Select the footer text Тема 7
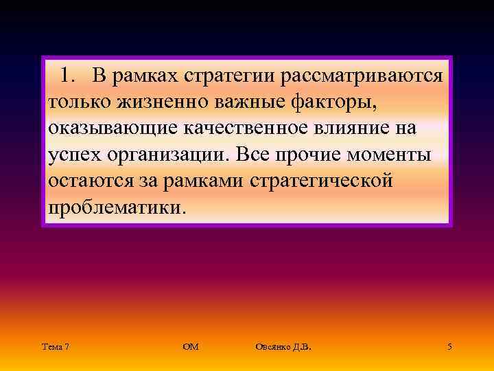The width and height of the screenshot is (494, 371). pos(55,348)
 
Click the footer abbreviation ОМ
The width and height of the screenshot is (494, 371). pos(191,348)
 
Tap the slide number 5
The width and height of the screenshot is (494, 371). pos(449,348)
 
